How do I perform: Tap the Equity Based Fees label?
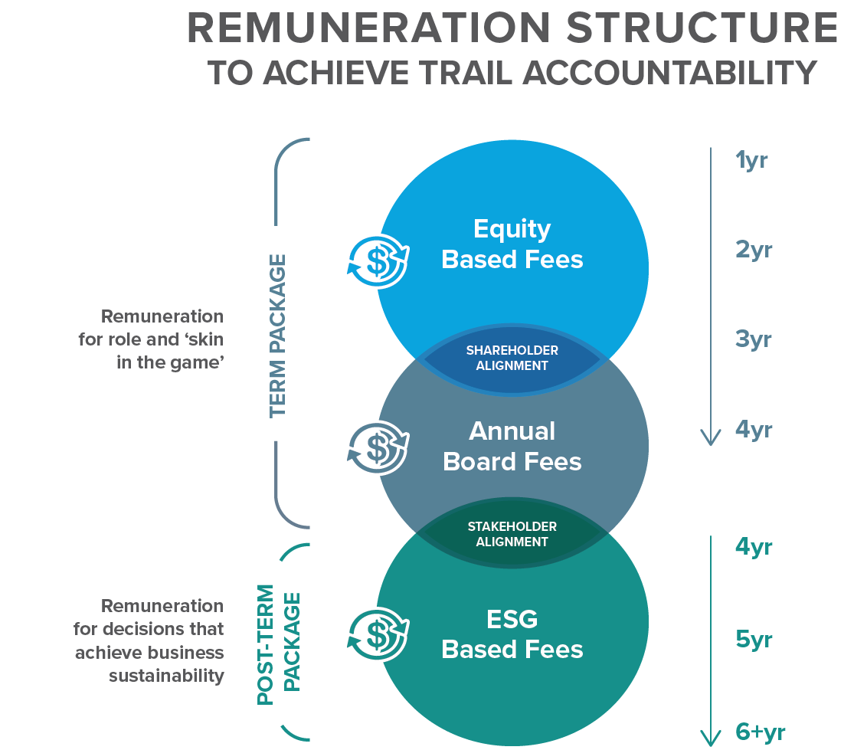click(x=512, y=244)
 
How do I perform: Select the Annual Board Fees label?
click(x=512, y=446)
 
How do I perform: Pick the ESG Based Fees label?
click(x=512, y=634)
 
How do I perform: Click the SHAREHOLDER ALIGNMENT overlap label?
click(x=512, y=358)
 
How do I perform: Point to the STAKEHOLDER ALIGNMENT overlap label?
click(x=512, y=534)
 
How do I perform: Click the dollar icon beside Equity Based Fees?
click(x=378, y=260)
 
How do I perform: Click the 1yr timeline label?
click(x=751, y=161)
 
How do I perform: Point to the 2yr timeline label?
click(x=754, y=250)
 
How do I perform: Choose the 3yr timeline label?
click(x=754, y=339)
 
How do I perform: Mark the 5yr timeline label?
click(x=754, y=638)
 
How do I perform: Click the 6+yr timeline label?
click(x=760, y=732)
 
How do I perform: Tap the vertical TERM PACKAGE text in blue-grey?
click(x=277, y=336)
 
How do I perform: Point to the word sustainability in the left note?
click(x=166, y=676)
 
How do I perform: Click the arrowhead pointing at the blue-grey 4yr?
click(x=711, y=437)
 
